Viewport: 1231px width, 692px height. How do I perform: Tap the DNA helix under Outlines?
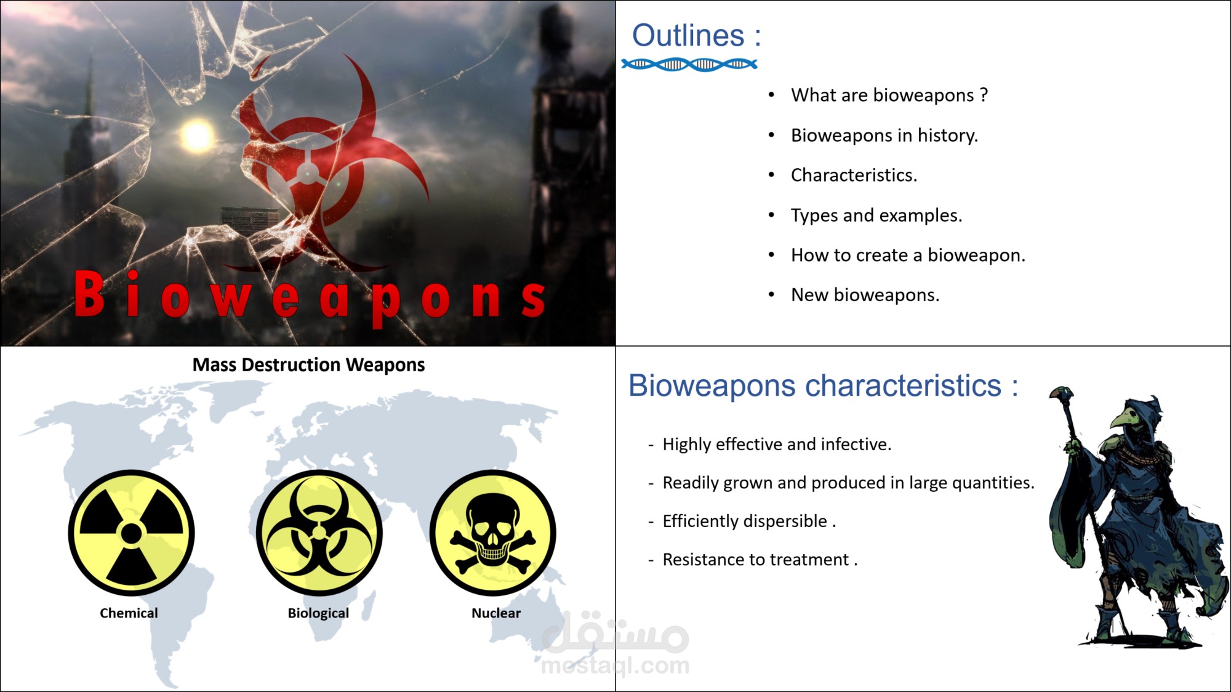(689, 64)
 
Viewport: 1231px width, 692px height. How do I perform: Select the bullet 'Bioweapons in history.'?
(884, 135)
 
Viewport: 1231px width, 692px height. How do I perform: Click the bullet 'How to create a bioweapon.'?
(908, 255)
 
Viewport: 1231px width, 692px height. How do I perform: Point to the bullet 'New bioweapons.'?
(865, 296)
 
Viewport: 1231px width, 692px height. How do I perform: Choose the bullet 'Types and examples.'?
(876, 215)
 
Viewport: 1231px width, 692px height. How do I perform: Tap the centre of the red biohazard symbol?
(306, 173)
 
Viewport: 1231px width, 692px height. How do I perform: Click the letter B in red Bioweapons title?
(90, 295)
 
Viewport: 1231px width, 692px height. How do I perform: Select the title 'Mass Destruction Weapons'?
(308, 365)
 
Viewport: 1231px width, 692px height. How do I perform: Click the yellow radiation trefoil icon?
(131, 533)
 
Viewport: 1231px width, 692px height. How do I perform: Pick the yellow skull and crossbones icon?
(492, 533)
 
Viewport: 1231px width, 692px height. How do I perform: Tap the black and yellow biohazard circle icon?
(319, 533)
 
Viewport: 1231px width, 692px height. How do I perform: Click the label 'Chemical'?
(129, 613)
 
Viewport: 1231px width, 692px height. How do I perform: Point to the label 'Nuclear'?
(495, 613)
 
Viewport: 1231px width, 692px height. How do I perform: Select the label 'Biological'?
(318, 613)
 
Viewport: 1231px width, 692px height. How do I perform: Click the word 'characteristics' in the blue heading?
(903, 387)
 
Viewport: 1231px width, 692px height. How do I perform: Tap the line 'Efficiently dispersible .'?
(748, 521)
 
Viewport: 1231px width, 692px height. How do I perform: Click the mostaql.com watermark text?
(615, 666)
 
